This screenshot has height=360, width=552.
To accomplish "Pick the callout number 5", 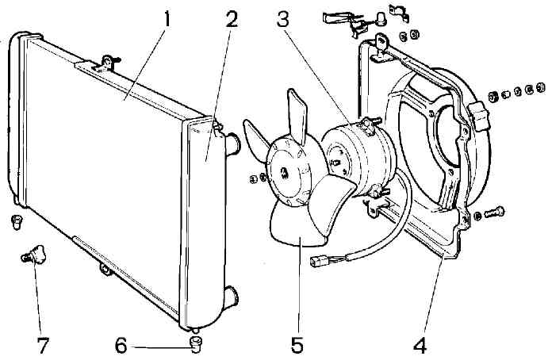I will point(297,346).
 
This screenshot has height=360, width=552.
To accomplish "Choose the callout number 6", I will point(121,346).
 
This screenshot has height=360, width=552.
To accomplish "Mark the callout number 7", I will point(41,346).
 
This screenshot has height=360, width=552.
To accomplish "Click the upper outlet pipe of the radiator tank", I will point(233,144).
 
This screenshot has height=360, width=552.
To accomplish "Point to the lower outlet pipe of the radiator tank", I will point(232,297).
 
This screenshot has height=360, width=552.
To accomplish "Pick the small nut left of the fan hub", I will point(253,176).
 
